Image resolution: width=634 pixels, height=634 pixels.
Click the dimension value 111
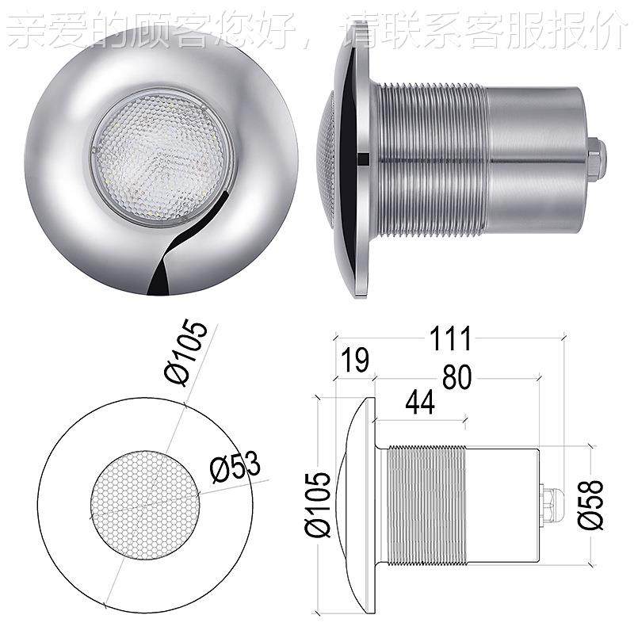(x=451, y=338)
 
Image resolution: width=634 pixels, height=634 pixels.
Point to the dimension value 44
(x=419, y=404)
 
